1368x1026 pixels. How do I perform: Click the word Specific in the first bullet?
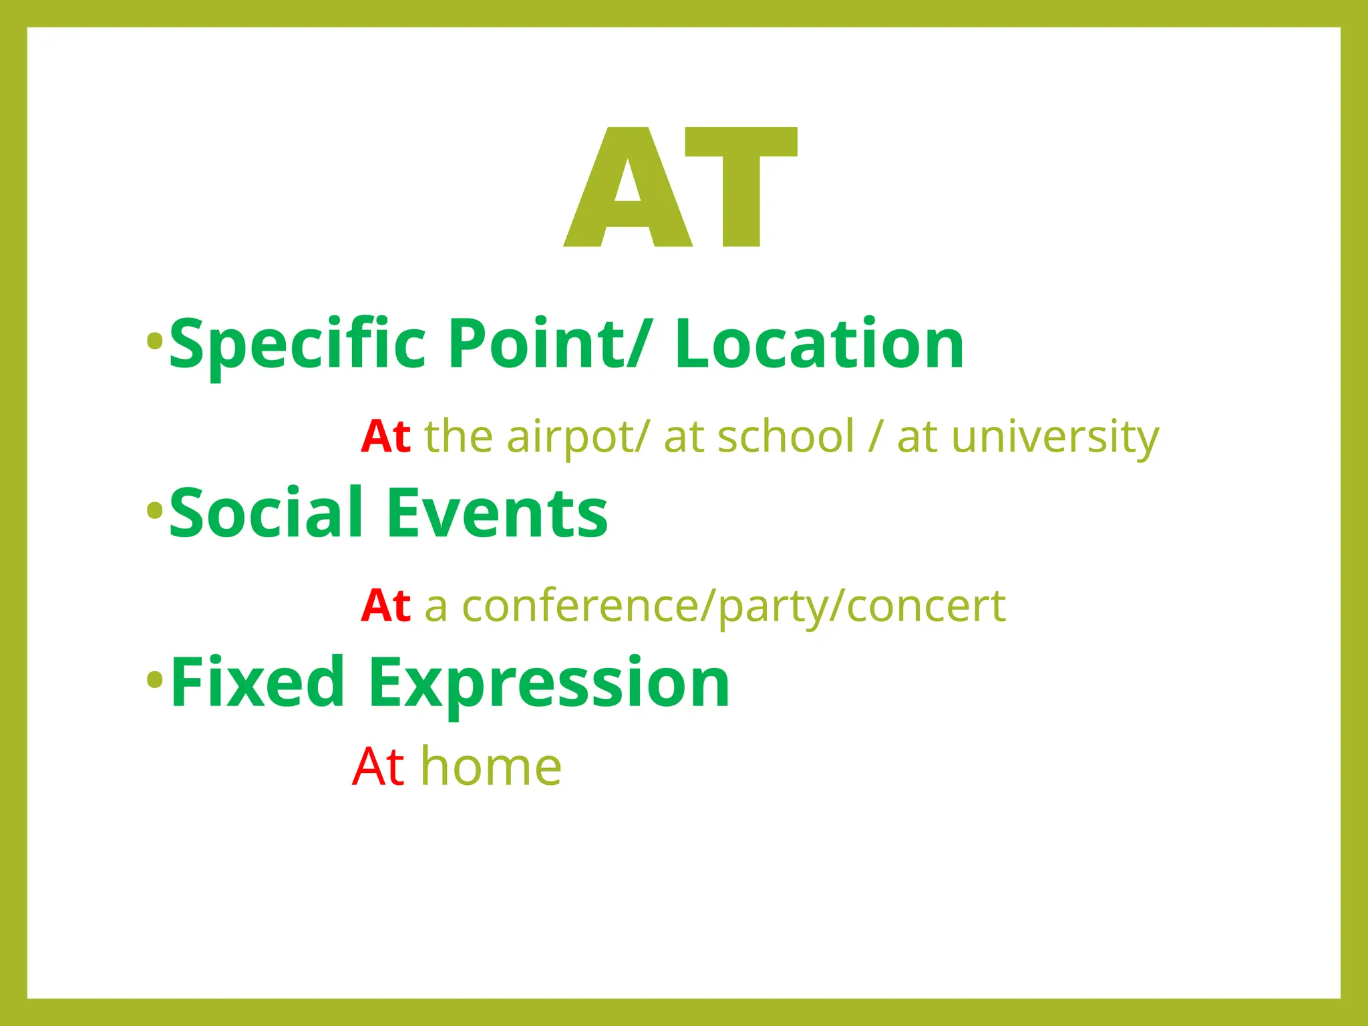tap(297, 344)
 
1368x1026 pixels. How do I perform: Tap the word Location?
tap(819, 344)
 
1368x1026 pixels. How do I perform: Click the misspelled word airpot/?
tap(577, 438)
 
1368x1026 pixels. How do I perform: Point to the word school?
tap(786, 438)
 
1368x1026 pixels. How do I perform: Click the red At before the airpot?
tap(385, 438)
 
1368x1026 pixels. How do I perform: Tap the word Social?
tap(267, 513)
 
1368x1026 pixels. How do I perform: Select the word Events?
tap(497, 513)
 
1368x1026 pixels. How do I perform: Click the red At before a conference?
tap(385, 607)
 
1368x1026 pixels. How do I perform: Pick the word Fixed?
tap(257, 683)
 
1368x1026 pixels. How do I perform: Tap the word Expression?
tap(548, 683)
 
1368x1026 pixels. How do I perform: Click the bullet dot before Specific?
tap(154, 341)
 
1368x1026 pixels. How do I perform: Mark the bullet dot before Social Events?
tap(154, 511)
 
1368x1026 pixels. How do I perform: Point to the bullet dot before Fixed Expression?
tap(154, 681)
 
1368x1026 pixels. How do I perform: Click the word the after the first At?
tap(458, 438)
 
